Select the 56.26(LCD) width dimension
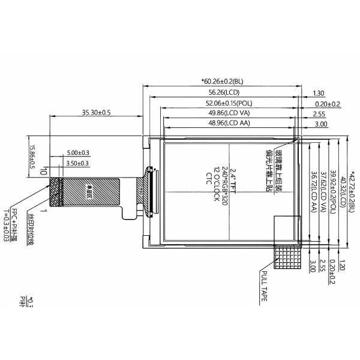[x=223, y=93]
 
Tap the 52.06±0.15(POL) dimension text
[x=228, y=103]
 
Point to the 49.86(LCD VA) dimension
[x=229, y=113]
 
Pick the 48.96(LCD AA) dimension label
[x=229, y=124]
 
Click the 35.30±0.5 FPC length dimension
[x=96, y=112]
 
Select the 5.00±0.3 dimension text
[x=78, y=153]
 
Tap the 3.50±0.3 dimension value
[x=78, y=163]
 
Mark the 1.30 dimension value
[x=319, y=93]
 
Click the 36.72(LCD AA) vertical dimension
[x=313, y=191]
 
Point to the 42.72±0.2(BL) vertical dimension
[x=352, y=191]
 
